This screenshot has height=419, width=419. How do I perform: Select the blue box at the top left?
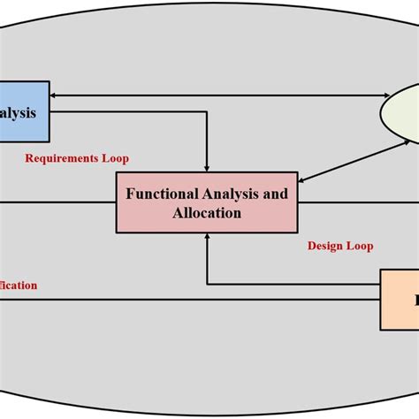24,111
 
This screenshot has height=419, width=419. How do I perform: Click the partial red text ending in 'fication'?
19,285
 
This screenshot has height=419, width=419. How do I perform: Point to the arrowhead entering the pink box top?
207,167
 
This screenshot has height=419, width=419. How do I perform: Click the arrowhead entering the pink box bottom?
207,236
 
